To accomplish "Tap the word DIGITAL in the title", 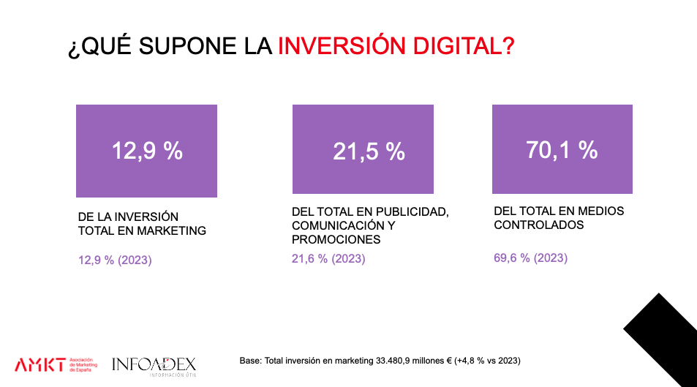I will coord(463,46).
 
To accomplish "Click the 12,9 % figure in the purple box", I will coord(146,151).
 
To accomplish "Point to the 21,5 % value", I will coord(369,151).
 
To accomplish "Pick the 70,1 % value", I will coord(562,150).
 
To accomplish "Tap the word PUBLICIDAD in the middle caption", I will coord(410,212).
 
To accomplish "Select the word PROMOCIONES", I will coord(336,239).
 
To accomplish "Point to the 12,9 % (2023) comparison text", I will coord(115,260).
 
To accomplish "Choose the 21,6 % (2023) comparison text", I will coord(328,259).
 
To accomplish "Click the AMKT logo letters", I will coord(39,364).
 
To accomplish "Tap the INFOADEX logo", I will coord(154,364).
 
